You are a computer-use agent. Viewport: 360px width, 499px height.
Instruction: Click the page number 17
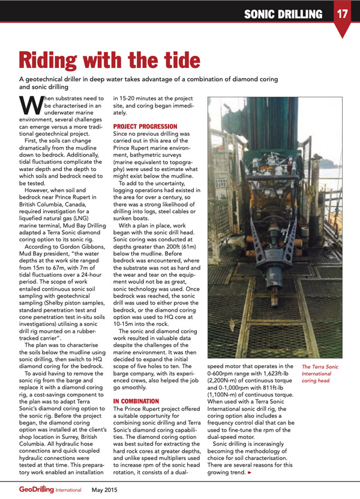point(343,13)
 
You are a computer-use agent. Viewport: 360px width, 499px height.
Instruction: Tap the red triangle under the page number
point(343,31)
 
